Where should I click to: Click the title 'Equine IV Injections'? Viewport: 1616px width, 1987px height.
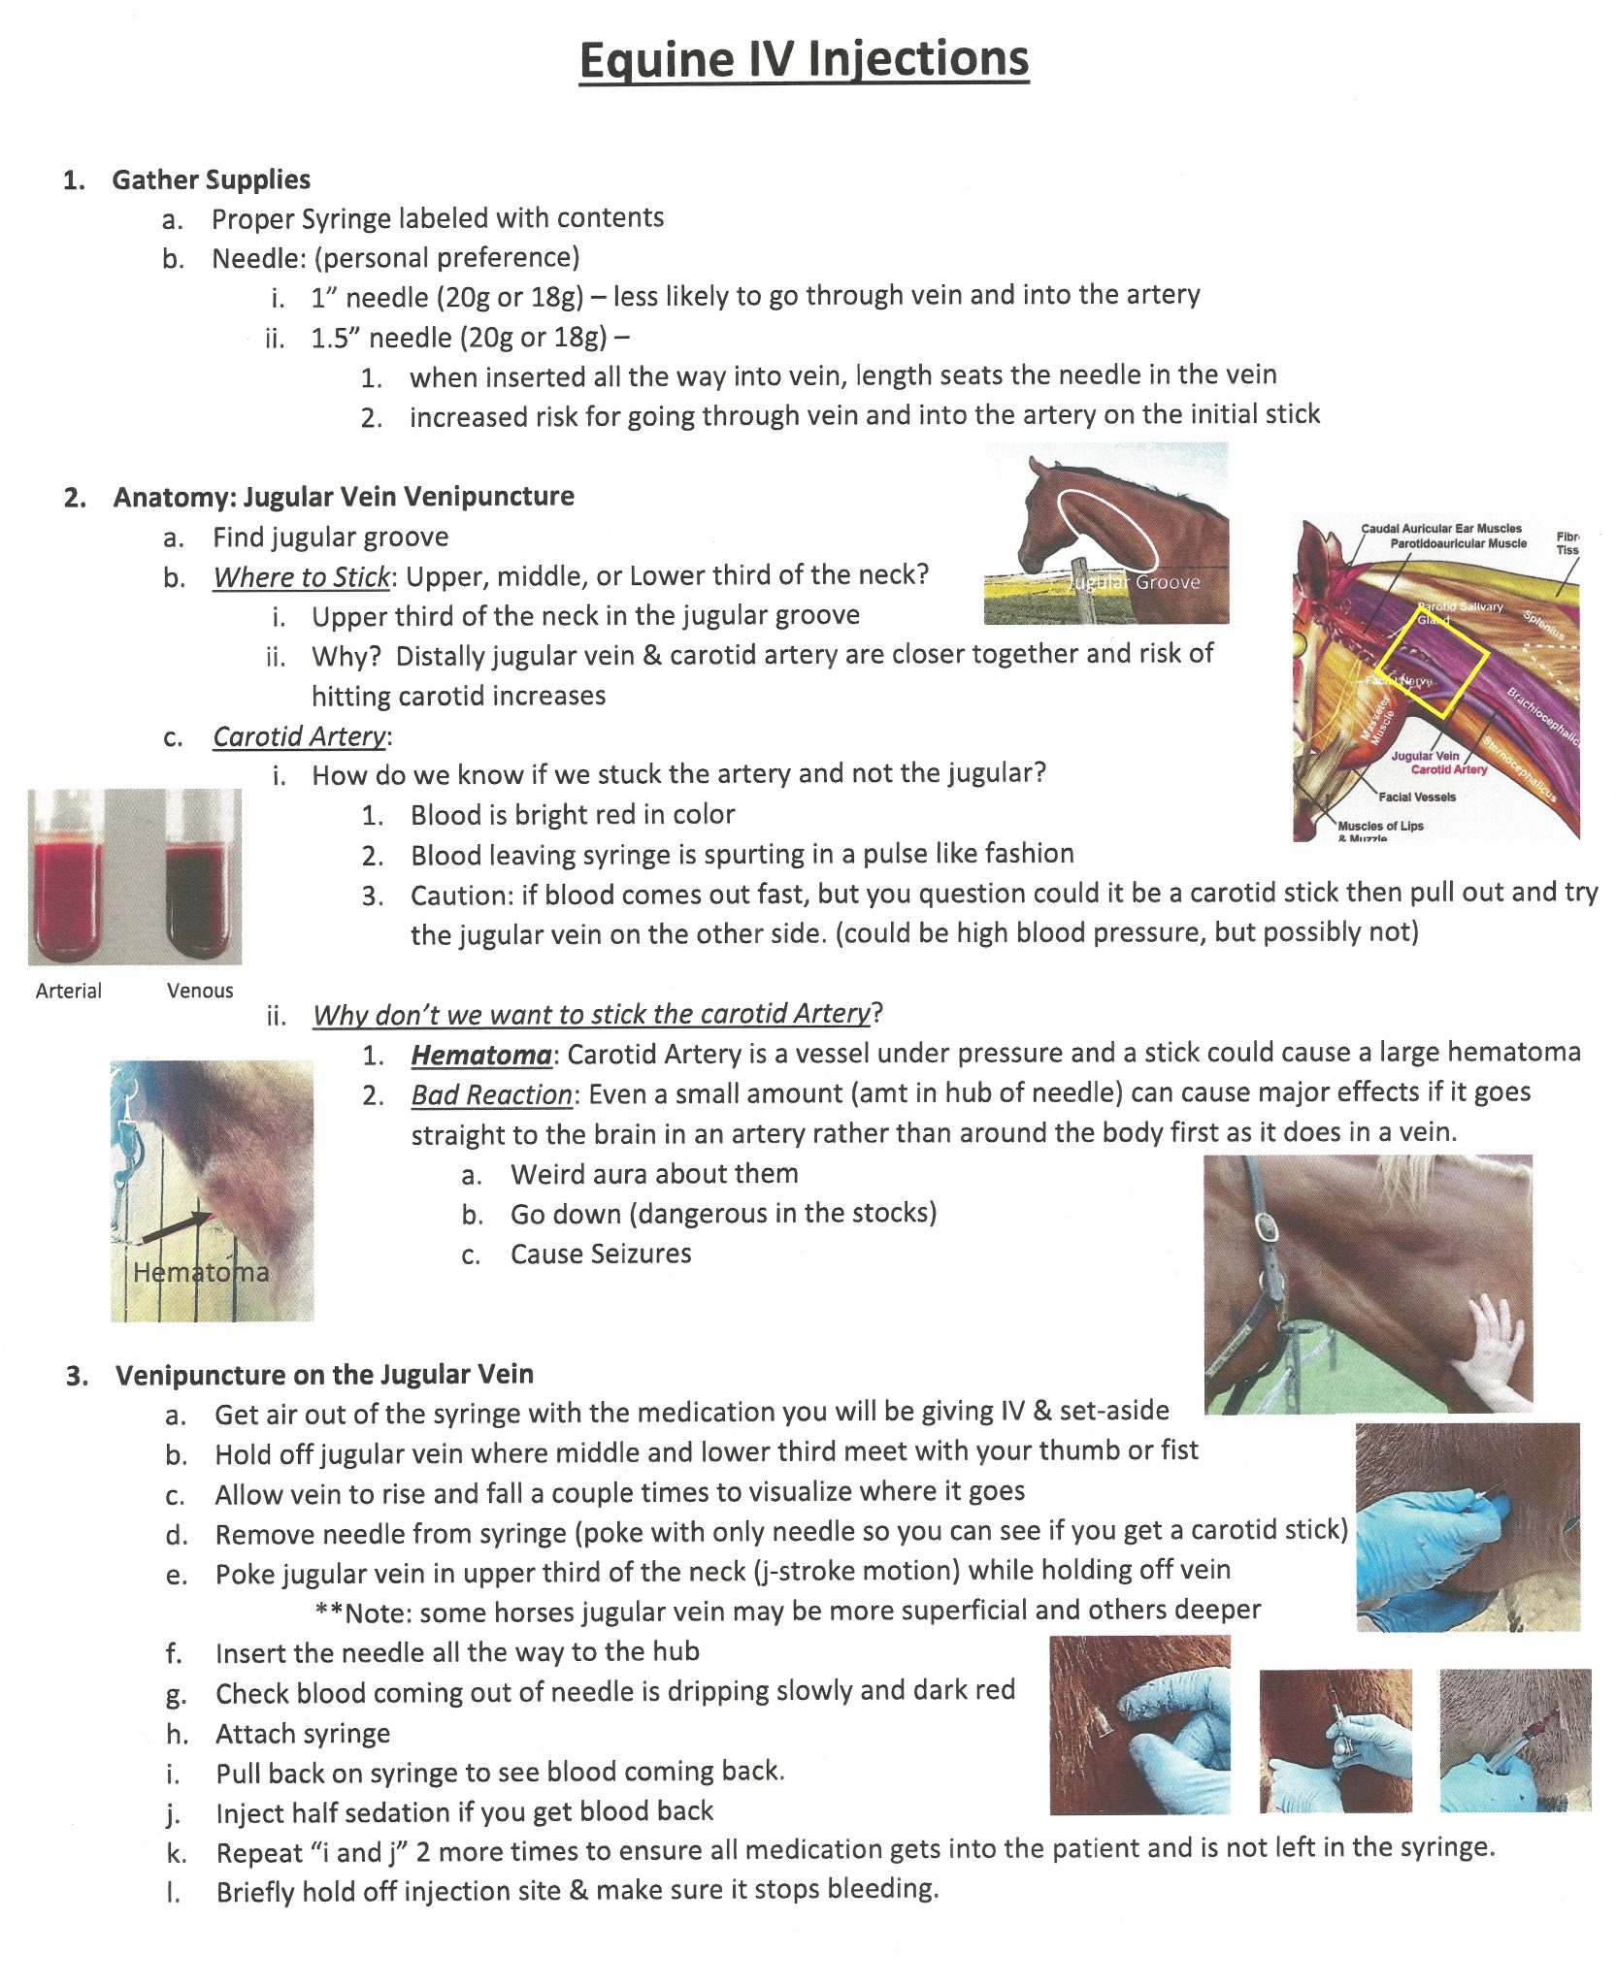(804, 59)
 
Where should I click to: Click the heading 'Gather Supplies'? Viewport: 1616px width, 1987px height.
(211, 179)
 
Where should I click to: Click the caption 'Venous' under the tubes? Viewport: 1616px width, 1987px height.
(199, 991)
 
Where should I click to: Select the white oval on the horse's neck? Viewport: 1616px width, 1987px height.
(1107, 530)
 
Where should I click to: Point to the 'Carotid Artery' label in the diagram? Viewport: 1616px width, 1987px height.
(1448, 769)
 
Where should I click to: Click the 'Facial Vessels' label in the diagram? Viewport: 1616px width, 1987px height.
(1417, 797)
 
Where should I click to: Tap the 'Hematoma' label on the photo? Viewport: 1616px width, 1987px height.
(201, 1272)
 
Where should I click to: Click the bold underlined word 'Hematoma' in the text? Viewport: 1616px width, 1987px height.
(480, 1055)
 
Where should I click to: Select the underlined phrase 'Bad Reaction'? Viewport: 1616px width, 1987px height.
(491, 1095)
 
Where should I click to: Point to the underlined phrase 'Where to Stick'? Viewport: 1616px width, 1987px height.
(301, 577)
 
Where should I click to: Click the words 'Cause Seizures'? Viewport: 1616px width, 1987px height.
(601, 1254)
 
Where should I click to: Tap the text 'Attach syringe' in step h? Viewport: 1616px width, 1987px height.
(303, 1733)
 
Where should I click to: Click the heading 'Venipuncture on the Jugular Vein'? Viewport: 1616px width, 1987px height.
(324, 1374)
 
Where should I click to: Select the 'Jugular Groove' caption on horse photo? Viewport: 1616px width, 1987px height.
(1134, 582)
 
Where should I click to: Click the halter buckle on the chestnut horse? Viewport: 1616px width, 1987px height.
(1266, 1226)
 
